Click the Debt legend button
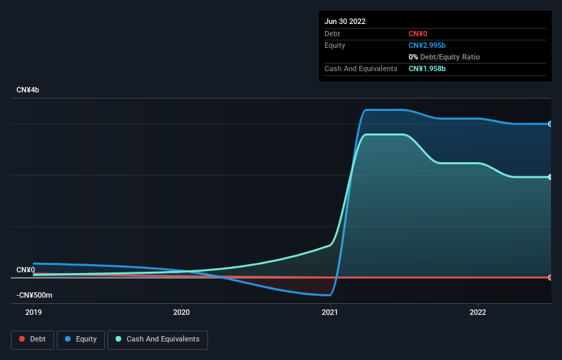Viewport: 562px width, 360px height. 31,339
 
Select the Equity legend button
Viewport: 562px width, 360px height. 81,339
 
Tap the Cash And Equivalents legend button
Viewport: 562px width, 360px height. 157,339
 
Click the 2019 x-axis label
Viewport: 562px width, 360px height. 34,312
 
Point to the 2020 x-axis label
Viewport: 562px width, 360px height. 181,312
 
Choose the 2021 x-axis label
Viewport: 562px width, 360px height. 330,312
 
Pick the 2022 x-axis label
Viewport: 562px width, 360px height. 478,312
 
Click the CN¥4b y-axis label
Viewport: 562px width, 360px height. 28,90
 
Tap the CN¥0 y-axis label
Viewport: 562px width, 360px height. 26,270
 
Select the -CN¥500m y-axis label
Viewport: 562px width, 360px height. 35,295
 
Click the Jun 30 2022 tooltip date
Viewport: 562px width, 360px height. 345,21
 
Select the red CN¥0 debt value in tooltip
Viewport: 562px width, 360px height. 419,34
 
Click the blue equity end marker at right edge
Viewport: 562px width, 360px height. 550,124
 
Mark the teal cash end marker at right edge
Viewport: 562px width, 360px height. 550,177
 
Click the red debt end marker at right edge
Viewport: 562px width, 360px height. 550,277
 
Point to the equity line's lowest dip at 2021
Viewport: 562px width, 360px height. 329,295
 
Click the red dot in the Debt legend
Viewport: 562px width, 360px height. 23,339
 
